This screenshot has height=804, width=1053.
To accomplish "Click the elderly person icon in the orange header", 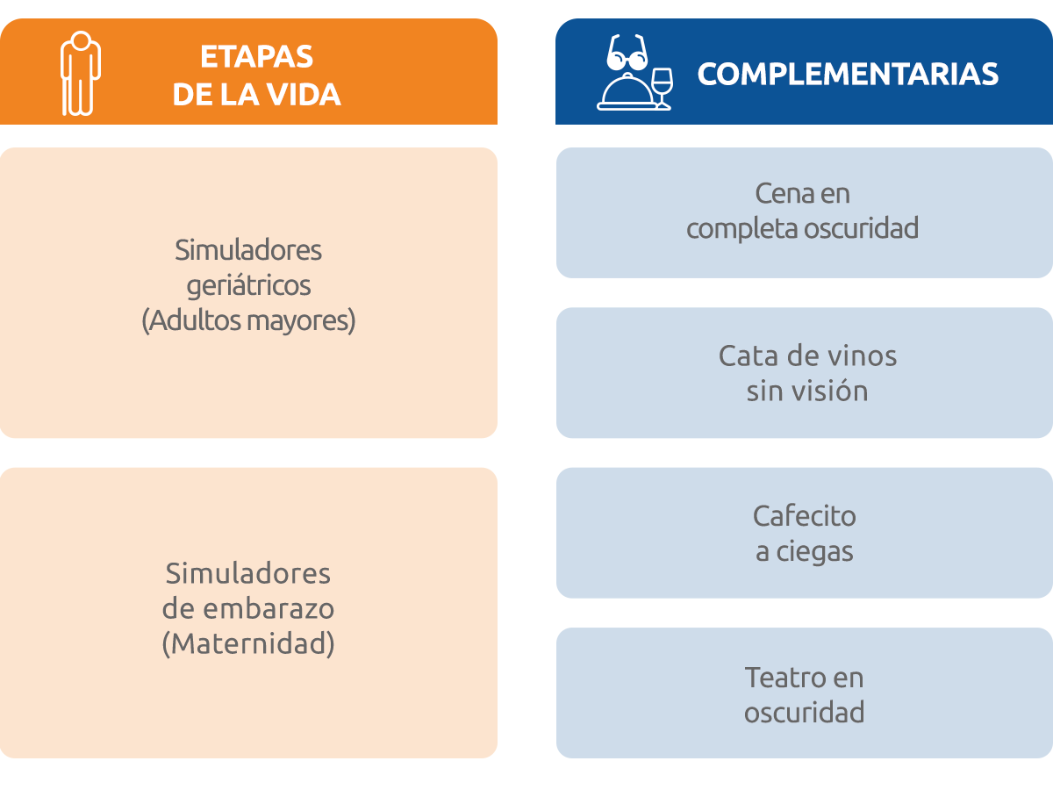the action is point(81,74).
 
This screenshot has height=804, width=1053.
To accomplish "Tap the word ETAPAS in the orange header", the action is point(256,56).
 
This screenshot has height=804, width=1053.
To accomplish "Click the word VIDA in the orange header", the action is point(304,94).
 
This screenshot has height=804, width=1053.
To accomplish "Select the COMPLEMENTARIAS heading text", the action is point(848,74).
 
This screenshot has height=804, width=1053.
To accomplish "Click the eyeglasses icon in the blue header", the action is point(627,52).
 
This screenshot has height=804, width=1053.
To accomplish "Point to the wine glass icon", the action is point(663,89).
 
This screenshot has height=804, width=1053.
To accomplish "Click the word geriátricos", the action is point(248,286).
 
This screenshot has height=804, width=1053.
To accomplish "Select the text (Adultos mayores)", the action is point(248,320).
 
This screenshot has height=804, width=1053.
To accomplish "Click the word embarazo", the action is point(269,609).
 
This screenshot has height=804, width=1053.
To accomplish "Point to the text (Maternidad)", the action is point(248,643).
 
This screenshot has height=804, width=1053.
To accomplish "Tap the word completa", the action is point(743,229).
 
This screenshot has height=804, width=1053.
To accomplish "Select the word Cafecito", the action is point(805,516).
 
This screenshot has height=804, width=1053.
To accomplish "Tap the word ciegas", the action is point(814,553).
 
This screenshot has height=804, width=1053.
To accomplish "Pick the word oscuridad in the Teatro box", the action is point(805,712).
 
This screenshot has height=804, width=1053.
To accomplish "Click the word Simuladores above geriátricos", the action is point(248,250).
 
